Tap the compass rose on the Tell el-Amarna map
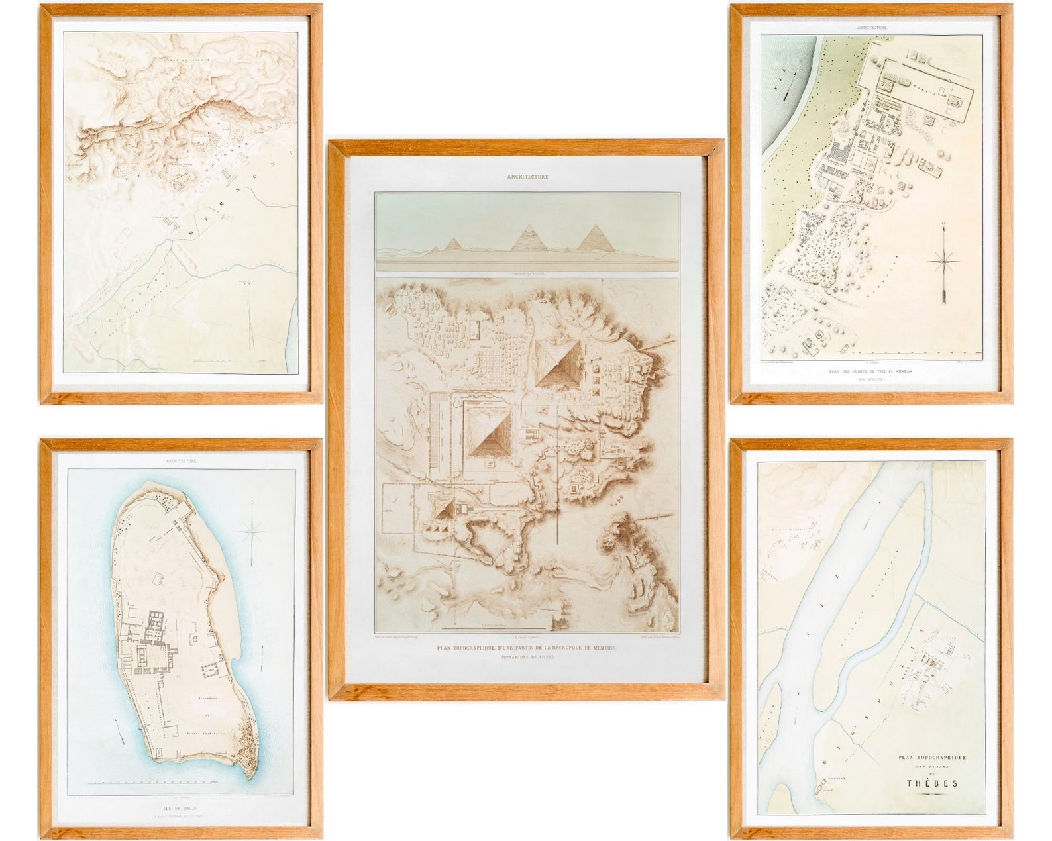point(943,262)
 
